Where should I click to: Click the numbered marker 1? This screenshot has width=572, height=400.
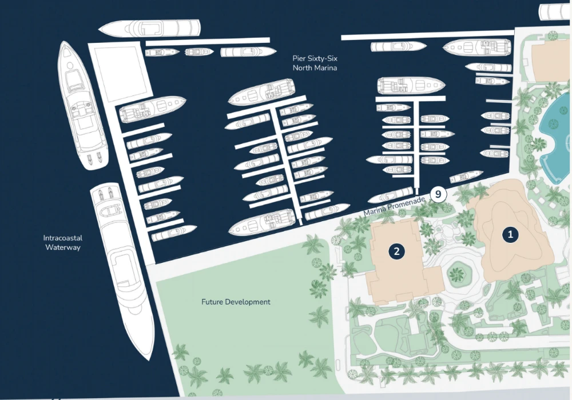[510, 233]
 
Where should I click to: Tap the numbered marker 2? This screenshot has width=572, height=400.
[396, 250]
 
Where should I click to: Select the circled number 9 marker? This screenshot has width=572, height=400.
[438, 194]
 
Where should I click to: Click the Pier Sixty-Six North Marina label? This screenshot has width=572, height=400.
[315, 63]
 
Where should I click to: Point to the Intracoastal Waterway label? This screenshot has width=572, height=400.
[62, 242]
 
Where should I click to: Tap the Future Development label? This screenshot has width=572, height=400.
[236, 302]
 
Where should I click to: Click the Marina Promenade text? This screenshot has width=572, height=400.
[395, 207]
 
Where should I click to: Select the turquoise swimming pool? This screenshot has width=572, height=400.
[555, 134]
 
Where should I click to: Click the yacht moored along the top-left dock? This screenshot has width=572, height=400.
[150, 27]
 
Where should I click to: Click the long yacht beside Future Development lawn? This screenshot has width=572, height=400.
[120, 269]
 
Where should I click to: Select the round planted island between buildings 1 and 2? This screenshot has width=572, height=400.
[456, 276]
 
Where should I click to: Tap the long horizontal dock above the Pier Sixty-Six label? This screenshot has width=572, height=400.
[207, 41]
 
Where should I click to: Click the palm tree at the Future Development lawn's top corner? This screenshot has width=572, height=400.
[313, 245]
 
